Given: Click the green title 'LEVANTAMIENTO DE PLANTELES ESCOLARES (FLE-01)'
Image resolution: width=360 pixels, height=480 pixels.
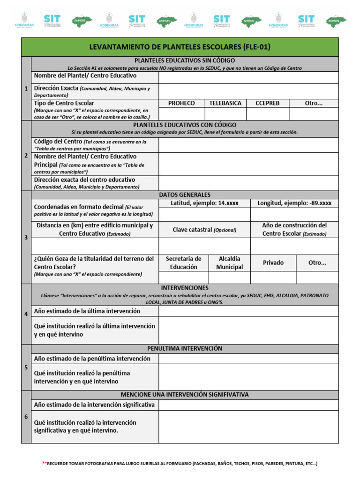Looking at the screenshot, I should click(x=180, y=47).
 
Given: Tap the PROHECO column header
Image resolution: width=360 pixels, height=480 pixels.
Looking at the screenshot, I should click(x=181, y=103).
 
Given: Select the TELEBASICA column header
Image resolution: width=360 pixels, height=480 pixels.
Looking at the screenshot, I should click(x=225, y=103).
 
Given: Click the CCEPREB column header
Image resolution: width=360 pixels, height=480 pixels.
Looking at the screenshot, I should click(x=267, y=103).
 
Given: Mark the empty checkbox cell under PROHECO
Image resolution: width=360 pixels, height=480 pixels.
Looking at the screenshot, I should click(x=181, y=114).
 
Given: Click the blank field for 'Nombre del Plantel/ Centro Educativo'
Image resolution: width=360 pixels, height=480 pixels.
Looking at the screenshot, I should click(x=248, y=77).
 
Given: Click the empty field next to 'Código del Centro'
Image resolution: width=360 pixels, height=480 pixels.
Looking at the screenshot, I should click(x=248, y=145).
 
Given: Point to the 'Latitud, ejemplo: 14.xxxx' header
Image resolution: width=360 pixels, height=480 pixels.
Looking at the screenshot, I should click(x=204, y=203).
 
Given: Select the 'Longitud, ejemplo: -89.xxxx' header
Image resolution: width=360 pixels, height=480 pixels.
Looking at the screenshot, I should click(x=294, y=203).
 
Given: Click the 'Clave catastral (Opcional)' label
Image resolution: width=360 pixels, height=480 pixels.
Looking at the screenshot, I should click(x=204, y=230).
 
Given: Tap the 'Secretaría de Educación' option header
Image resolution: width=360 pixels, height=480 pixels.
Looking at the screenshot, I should click(x=183, y=263).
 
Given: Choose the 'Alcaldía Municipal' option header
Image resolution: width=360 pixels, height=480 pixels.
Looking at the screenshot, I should click(x=229, y=263).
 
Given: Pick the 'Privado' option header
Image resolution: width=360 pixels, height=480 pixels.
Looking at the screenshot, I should click(x=273, y=263).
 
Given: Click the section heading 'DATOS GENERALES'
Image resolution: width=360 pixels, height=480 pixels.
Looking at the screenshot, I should click(x=185, y=195).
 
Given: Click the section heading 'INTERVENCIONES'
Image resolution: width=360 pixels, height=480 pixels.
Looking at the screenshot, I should click(x=185, y=288).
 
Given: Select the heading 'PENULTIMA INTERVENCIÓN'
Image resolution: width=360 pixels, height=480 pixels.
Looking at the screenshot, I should click(x=185, y=349).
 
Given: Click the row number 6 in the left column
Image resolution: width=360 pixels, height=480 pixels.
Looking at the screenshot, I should click(x=26, y=417).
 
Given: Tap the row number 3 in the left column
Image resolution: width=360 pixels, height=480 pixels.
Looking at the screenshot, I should click(x=26, y=238).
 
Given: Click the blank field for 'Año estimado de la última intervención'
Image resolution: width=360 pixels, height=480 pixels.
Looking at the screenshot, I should click(x=248, y=311).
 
